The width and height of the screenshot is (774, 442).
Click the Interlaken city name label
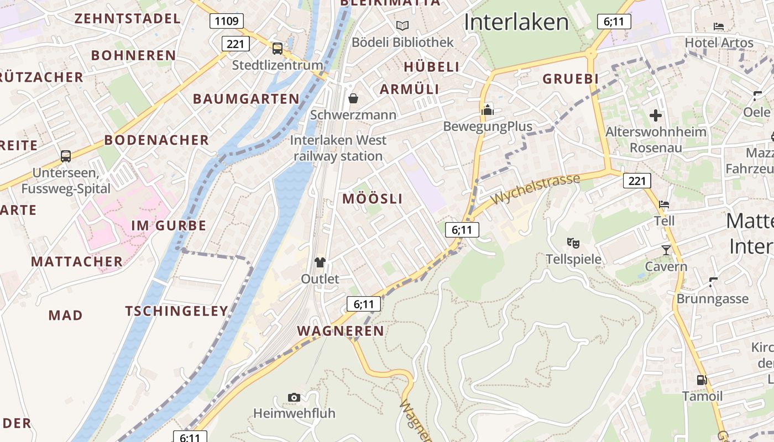516,22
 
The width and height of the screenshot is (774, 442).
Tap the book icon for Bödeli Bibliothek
402,25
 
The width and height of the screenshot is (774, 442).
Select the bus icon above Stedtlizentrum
278,49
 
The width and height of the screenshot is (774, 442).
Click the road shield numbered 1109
227,22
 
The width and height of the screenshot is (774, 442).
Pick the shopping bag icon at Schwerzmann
353,98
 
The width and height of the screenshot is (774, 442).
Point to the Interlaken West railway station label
338,148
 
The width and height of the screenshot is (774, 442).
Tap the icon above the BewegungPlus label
487,110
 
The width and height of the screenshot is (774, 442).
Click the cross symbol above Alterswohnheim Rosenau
656,115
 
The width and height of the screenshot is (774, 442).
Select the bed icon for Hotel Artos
719,26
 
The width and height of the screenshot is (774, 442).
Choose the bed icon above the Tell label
664,204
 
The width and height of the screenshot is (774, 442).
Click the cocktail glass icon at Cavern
666,250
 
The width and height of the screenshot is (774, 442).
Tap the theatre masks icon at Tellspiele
573,243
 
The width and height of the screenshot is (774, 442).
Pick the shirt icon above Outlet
320,262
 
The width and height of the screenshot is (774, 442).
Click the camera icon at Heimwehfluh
294,397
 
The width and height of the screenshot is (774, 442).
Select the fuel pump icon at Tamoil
702,380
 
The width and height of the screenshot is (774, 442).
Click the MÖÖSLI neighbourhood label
373,199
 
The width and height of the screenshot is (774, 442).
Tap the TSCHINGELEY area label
177,311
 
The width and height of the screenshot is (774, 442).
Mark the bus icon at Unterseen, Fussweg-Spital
66,156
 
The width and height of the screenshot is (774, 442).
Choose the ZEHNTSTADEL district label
127,18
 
